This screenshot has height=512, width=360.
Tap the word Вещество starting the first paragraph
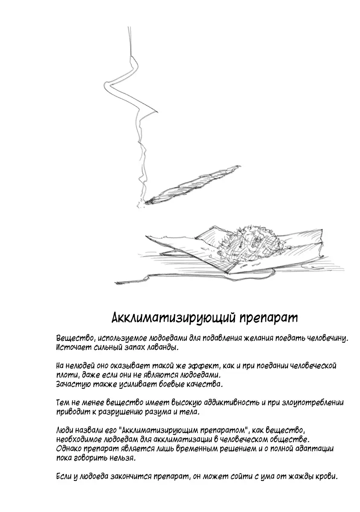pyautogui.click(x=73, y=338)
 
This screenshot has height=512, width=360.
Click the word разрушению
pyautogui.click(x=124, y=413)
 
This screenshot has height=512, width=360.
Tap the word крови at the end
pyautogui.click(x=327, y=477)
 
